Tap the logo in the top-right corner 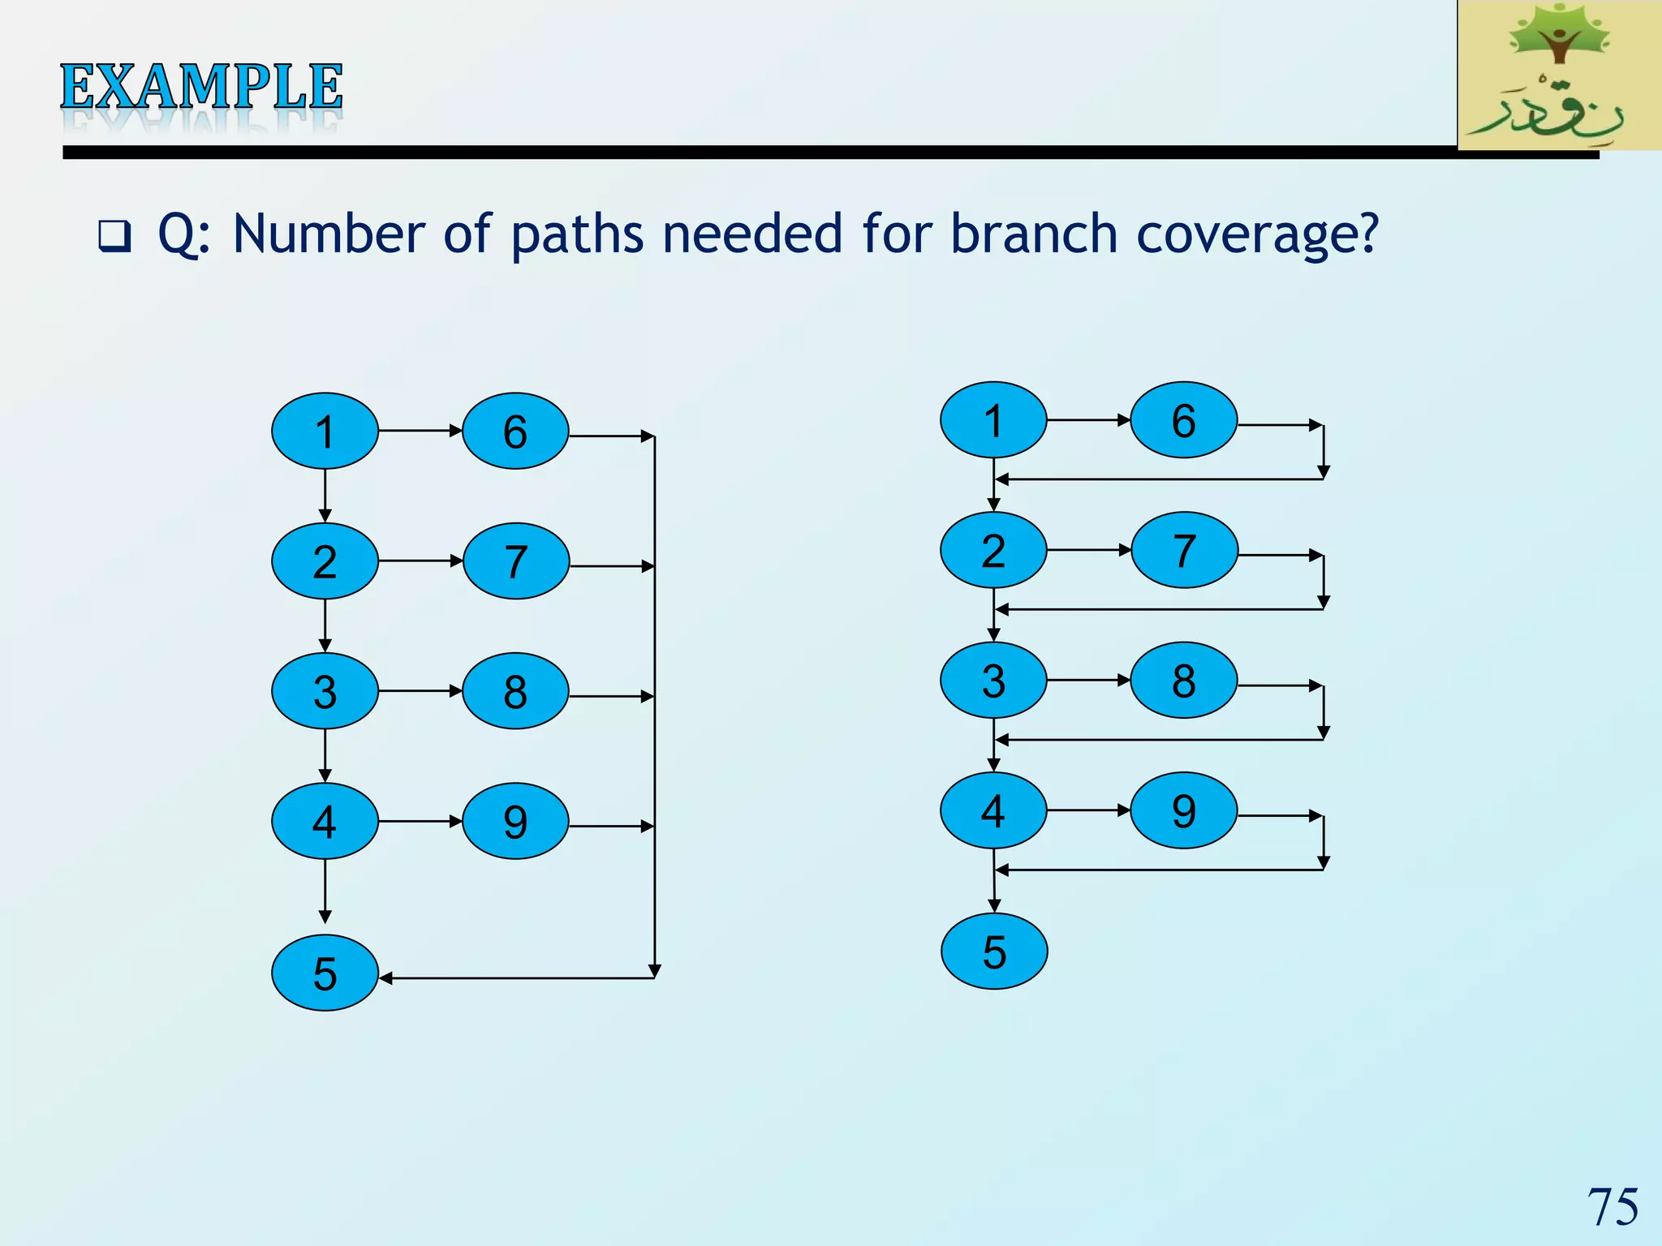coord(1558,75)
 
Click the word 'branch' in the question coord(1034,234)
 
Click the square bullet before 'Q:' coord(114,236)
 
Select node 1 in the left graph coord(325,431)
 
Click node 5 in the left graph coord(325,973)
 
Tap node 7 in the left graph coord(515,561)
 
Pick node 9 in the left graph coord(515,821)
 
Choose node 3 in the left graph coord(325,691)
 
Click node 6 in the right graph coord(1183,420)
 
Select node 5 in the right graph coord(994,951)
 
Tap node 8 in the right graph coord(1183,681)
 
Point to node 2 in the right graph coord(993,550)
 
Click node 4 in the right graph coord(993,810)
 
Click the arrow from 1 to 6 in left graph coord(420,431)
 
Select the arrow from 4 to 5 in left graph coord(325,891)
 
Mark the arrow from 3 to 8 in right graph coord(1088,680)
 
